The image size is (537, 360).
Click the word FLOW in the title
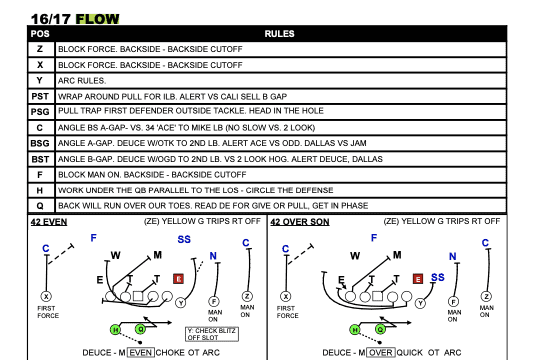tap(97, 19)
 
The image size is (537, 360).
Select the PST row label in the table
tap(40, 97)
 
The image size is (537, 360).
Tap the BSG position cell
tap(40, 143)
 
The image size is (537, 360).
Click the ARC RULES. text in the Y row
tap(82, 81)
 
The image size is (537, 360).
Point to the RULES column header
tap(279, 34)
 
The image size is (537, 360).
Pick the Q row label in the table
tap(40, 206)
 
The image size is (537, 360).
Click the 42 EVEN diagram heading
tap(49, 222)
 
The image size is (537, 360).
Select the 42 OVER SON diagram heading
tap(300, 222)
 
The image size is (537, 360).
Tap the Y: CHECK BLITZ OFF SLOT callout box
tap(212, 334)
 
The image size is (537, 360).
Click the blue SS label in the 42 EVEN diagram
tap(184, 239)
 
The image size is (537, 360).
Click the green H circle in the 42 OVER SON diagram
tap(355, 330)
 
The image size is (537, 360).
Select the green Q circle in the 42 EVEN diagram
tap(140, 329)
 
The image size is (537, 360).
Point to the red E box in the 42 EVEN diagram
tap(178, 279)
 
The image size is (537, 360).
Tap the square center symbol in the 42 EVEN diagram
tap(138, 296)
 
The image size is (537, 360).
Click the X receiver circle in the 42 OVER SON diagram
tap(286, 296)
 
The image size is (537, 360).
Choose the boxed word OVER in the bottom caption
tap(380, 352)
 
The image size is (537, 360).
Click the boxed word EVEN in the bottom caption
tap(141, 352)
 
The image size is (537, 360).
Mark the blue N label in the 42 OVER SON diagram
tap(453, 257)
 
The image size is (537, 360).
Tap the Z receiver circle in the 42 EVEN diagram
tap(247, 296)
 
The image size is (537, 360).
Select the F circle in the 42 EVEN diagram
tap(214, 301)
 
